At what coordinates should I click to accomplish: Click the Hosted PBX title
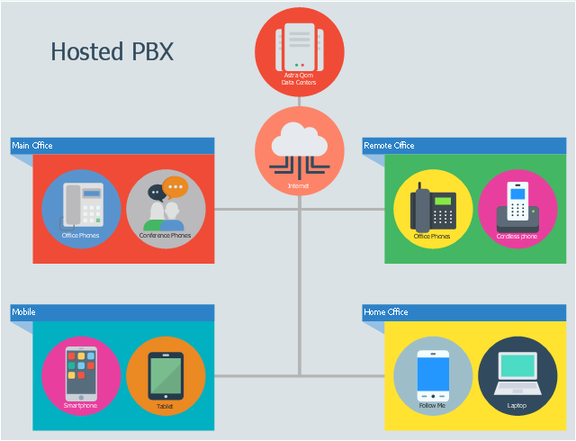(x=112, y=51)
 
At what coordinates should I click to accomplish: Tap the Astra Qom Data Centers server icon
(x=299, y=45)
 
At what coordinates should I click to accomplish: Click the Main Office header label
(x=32, y=145)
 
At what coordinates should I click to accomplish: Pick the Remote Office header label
(x=389, y=145)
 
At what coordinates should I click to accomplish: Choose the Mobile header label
(x=23, y=312)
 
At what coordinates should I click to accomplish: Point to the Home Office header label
(x=385, y=312)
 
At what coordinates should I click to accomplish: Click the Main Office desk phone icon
(x=81, y=205)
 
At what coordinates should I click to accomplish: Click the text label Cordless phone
(x=517, y=237)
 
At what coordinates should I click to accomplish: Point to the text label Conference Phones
(x=166, y=236)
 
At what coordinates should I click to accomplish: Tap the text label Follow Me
(x=433, y=405)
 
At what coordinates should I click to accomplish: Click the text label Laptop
(x=517, y=405)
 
